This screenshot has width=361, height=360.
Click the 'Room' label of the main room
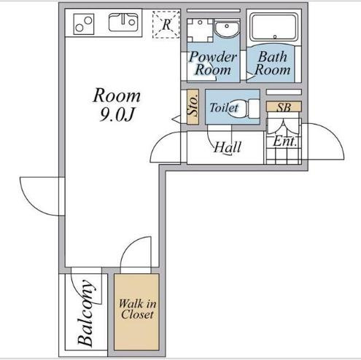pos(117,95)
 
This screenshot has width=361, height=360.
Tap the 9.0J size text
pos(117,114)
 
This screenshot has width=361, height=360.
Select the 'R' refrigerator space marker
pos(166,24)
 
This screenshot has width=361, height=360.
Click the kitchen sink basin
pos(123,23)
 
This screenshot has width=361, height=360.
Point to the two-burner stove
pos(84,24)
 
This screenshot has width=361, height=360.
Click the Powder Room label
pos(213,63)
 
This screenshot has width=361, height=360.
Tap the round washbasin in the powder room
pos(227,28)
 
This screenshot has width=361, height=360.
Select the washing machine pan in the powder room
pos(200,30)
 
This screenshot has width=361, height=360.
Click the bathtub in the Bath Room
pos(274,27)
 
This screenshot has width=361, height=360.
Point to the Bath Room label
pos(273,63)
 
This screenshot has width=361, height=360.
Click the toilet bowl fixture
pos(244,109)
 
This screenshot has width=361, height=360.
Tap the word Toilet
pos(224,107)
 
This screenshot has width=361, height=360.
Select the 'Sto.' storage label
pos(193,106)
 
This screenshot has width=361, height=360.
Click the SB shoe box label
pos(284,107)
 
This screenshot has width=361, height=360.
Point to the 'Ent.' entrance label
pos(284,141)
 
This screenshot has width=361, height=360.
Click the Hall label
pos(228,147)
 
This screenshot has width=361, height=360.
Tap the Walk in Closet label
pos(137,309)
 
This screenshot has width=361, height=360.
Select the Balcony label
pos(85,313)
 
